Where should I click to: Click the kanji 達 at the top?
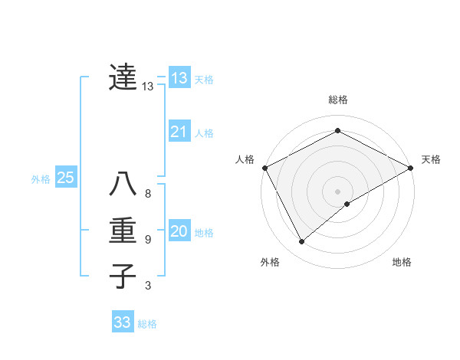(123, 77)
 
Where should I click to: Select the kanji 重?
(123, 231)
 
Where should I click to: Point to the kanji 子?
(123, 275)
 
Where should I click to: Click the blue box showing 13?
(179, 78)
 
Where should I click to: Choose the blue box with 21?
(179, 132)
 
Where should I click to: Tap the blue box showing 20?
(179, 231)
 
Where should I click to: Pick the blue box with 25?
(65, 178)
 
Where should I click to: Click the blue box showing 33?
(123, 322)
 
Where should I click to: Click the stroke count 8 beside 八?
(148, 194)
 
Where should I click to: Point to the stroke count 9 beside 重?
(148, 240)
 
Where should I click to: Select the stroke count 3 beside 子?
(148, 286)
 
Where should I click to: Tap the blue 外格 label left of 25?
(41, 179)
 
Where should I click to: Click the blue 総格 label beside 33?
(147, 323)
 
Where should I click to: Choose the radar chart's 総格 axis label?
(338, 100)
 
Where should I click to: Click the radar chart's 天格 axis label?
(431, 159)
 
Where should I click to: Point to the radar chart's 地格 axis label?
(402, 263)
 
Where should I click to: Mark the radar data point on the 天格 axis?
(411, 167)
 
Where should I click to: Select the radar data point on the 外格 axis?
(301, 242)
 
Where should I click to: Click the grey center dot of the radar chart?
(337, 191)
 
